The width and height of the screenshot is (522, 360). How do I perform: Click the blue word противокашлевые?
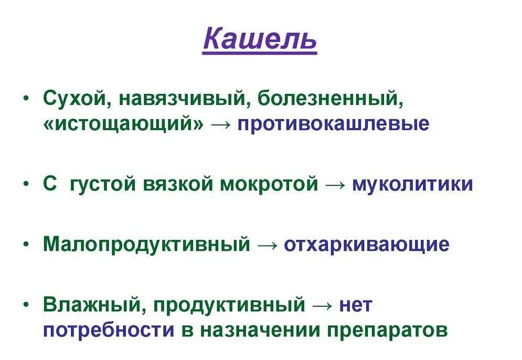click(333, 124)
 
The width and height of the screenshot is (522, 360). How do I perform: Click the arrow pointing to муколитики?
click(335, 185)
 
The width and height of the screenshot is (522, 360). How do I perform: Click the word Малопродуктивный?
click(147, 245)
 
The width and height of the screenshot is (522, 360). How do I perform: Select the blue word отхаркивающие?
click(367, 245)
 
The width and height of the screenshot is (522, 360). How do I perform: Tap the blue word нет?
click(355, 304)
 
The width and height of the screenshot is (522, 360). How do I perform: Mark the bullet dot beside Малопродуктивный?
click(27, 244)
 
